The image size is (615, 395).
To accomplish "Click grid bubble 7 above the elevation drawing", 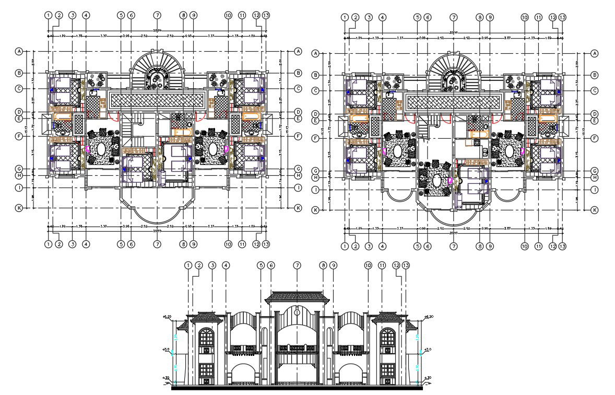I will pos(298,266).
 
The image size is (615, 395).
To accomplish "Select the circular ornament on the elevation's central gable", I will pos(297,312).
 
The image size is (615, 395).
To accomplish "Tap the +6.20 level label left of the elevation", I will pos(168,317).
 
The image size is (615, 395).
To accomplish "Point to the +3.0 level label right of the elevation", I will pos(428,349).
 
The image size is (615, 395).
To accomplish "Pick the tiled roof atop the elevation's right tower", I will pos(387,316).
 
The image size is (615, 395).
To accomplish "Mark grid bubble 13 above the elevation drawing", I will pos(406,266).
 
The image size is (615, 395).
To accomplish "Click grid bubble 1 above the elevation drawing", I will pos(188,266).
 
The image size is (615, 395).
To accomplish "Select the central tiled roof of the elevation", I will pos(297,297).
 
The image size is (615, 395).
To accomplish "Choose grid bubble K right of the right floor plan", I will pos(594,210).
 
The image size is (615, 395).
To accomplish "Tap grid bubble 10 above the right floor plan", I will pos(524,17).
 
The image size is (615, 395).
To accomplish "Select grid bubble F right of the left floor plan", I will pos(298,136).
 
